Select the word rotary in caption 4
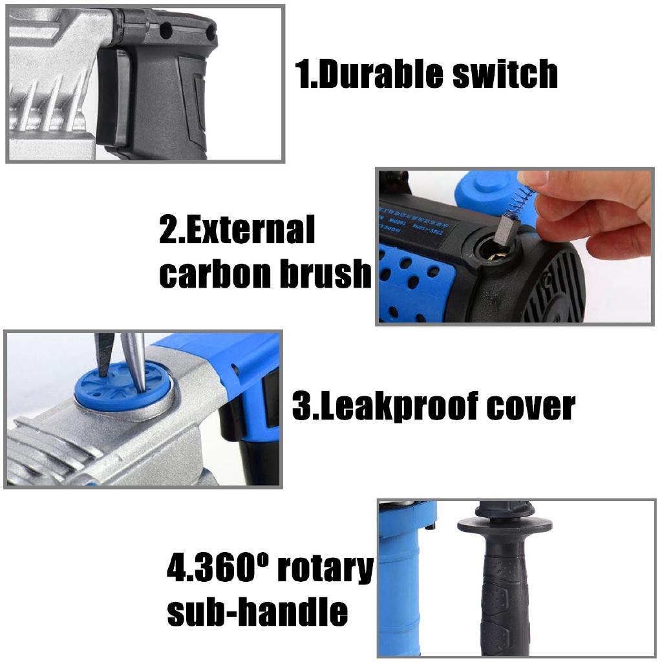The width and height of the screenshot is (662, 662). tap(325, 570)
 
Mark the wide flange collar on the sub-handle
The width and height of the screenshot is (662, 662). tap(505, 525)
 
